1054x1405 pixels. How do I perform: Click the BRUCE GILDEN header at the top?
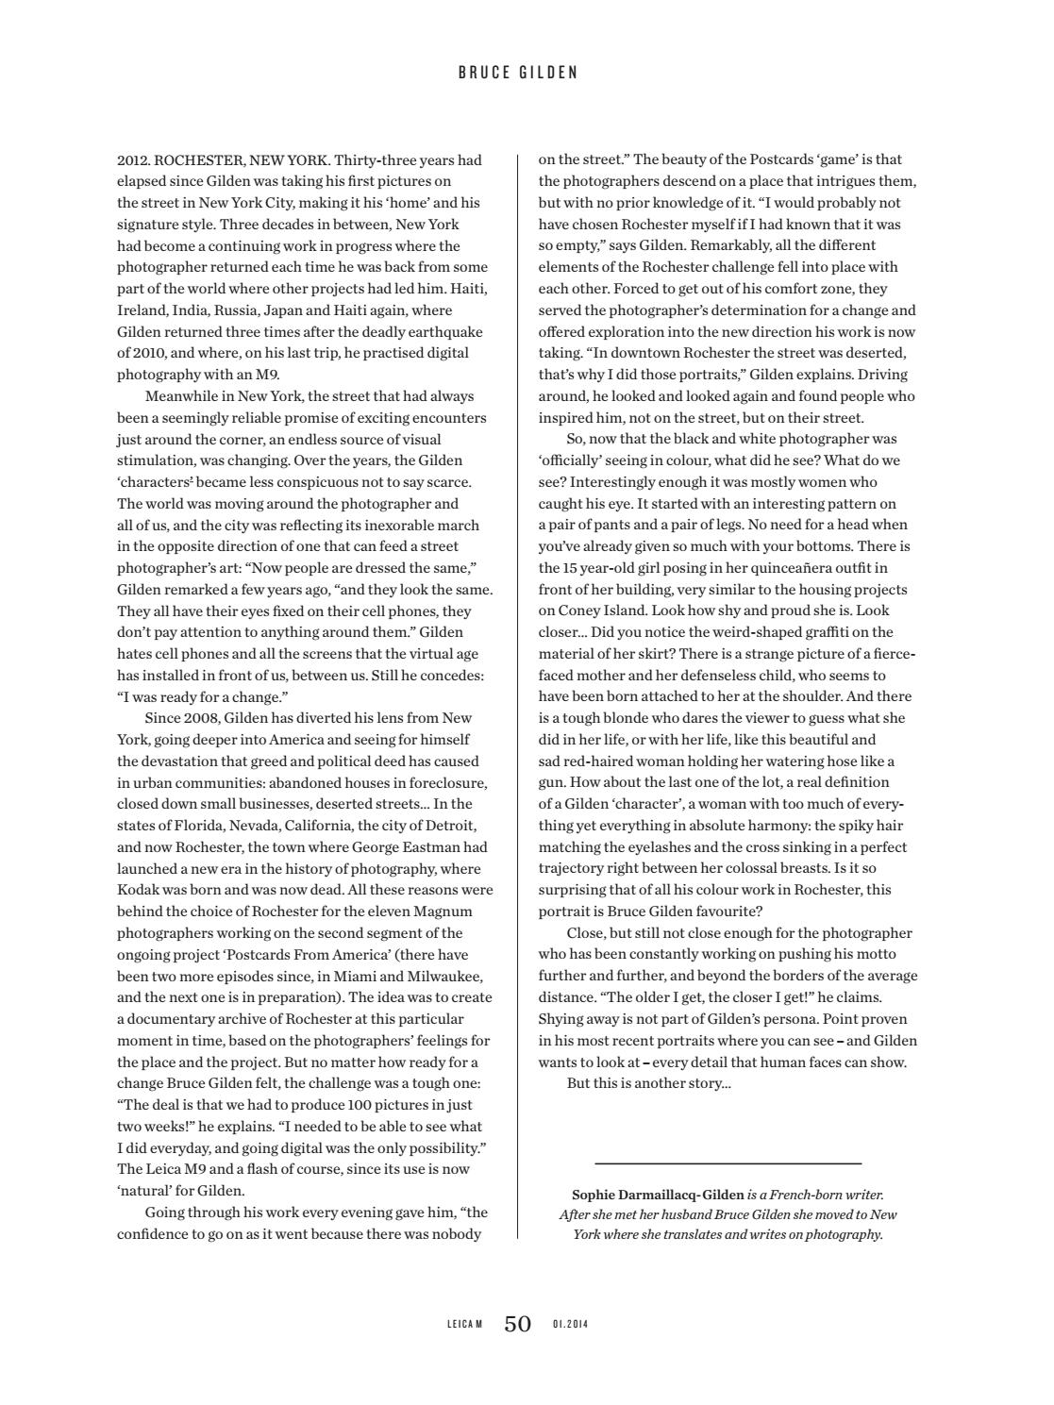(x=517, y=73)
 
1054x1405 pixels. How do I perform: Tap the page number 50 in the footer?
(x=517, y=1324)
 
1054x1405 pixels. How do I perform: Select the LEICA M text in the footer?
(x=464, y=1325)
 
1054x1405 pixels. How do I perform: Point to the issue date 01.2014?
(x=571, y=1325)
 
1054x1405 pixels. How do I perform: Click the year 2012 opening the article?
(x=133, y=159)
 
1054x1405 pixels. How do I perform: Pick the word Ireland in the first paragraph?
(x=141, y=310)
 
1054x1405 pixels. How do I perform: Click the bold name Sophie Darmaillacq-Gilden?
(x=658, y=1195)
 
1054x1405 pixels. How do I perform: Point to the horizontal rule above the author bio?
(x=728, y=1163)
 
